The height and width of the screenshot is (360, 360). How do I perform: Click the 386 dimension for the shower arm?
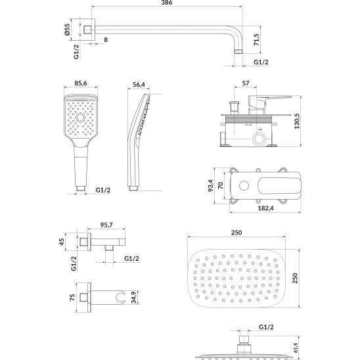tap(167, 3)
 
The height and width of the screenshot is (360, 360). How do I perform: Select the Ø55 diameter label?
tap(67, 30)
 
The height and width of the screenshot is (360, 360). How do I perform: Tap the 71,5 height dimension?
tap(257, 39)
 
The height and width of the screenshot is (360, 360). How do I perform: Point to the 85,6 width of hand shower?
tap(81, 83)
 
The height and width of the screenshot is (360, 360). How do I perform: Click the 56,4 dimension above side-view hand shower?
tap(139, 85)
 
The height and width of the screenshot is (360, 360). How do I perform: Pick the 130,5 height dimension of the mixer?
tap(297, 121)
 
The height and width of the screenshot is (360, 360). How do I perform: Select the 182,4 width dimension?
tap(265, 208)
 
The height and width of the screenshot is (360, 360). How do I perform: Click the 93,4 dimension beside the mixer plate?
tap(211, 185)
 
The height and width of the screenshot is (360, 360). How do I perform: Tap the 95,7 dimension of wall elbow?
tap(106, 225)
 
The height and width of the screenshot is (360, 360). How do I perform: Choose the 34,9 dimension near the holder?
tap(134, 297)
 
